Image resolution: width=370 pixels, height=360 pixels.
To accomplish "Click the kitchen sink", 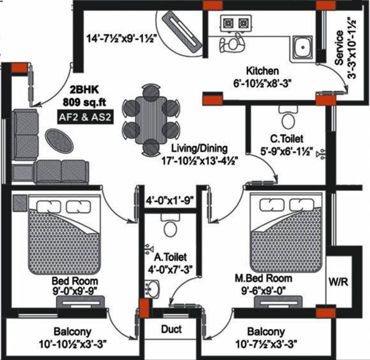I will click(x=302, y=47).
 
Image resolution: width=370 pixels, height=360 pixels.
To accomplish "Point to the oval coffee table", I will click(x=59, y=140).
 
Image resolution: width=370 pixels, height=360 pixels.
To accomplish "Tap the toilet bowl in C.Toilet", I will click(x=287, y=118).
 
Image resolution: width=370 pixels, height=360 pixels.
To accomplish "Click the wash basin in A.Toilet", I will click(x=152, y=288).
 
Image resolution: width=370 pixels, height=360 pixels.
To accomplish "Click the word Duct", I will click(x=171, y=329).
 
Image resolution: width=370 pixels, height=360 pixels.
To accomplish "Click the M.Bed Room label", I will click(x=263, y=278).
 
